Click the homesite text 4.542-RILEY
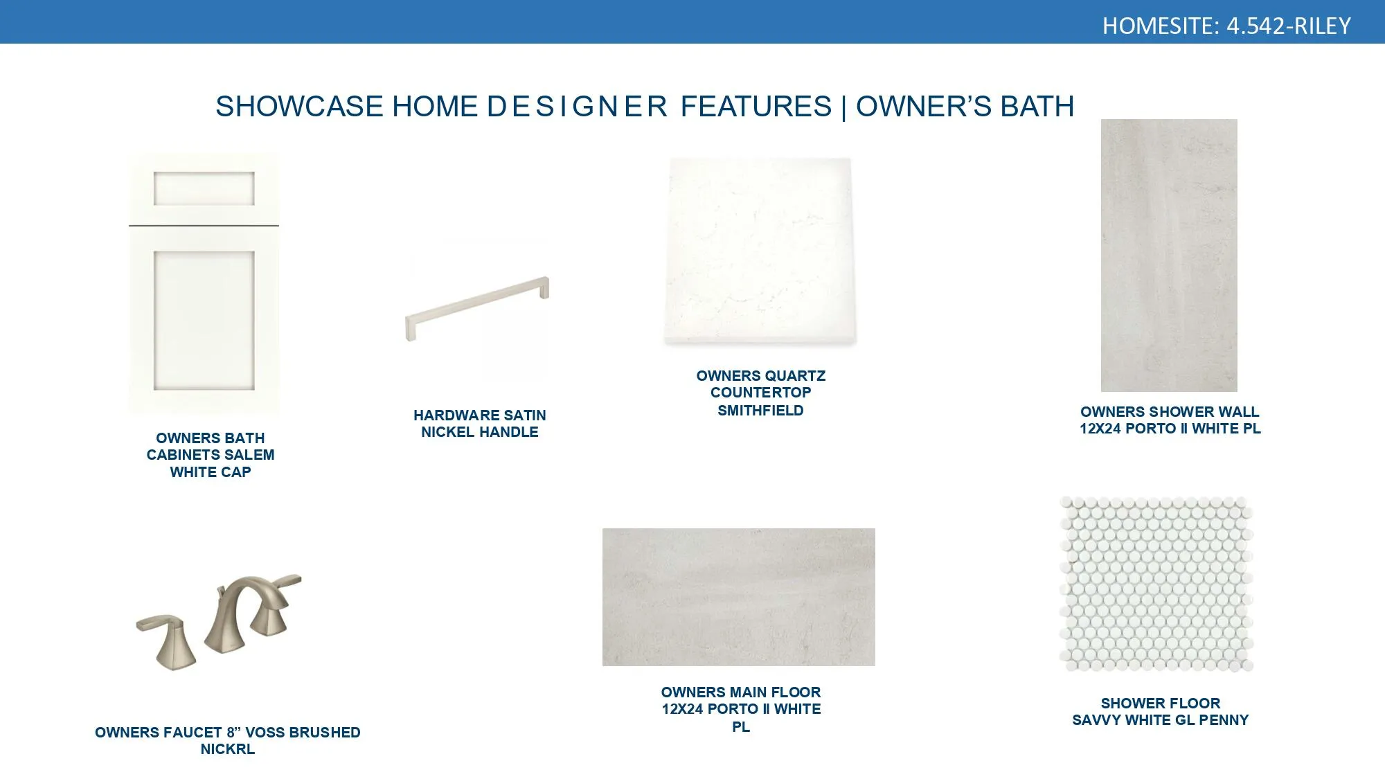coord(1288,26)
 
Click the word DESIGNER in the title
coord(577,107)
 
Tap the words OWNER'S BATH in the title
coord(965,107)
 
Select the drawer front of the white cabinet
coord(204,188)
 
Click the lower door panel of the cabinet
coord(204,320)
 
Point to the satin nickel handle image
coord(477,308)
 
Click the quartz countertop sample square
coord(760,251)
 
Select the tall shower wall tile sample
coord(1169,255)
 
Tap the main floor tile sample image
coord(738,597)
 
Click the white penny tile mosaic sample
coord(1156,583)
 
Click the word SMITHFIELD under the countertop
coord(760,411)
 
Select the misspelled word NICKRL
coord(227,749)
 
